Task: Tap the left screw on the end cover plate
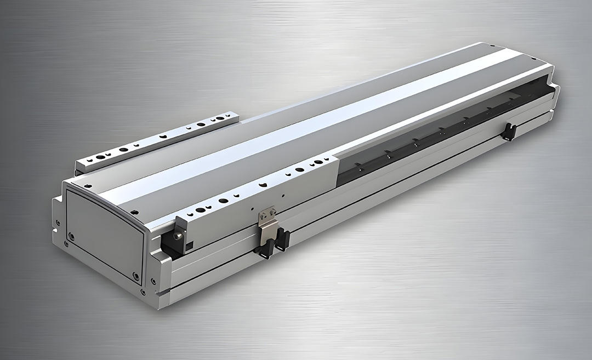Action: pyautogui.click(x=71, y=236)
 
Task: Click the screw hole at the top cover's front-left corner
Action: pyautogui.click(x=88, y=187)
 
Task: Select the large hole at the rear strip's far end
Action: pyautogui.click(x=220, y=118)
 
